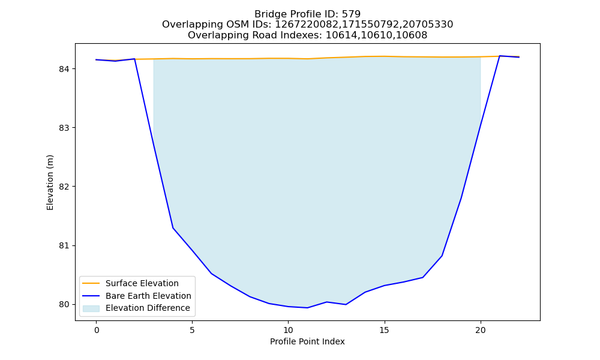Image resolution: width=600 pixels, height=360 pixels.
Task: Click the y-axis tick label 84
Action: (64, 69)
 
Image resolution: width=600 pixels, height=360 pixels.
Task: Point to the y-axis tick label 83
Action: (64, 128)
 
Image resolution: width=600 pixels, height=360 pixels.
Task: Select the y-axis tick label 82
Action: (64, 187)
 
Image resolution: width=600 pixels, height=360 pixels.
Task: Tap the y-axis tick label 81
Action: (64, 245)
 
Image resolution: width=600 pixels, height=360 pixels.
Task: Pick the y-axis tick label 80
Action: (64, 305)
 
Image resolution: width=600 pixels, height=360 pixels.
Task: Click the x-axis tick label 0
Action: (97, 330)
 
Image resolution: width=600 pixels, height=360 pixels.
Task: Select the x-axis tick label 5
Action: (192, 330)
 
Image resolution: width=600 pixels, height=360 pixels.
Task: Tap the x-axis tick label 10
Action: (288, 330)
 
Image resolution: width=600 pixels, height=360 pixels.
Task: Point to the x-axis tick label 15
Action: (384, 330)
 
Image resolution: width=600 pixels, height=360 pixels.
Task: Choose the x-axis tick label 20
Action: (480, 330)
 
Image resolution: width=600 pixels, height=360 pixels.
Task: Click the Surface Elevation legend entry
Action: (131, 283)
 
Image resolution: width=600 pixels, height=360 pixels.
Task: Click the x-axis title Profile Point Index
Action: (307, 341)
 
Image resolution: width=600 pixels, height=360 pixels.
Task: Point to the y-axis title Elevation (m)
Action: (50, 182)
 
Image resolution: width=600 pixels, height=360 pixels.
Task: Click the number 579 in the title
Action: (351, 14)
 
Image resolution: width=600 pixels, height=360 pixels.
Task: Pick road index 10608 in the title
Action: (412, 35)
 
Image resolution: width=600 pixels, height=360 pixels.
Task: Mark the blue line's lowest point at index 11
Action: (307, 308)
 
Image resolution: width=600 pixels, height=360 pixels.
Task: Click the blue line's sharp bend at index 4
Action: (173, 228)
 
